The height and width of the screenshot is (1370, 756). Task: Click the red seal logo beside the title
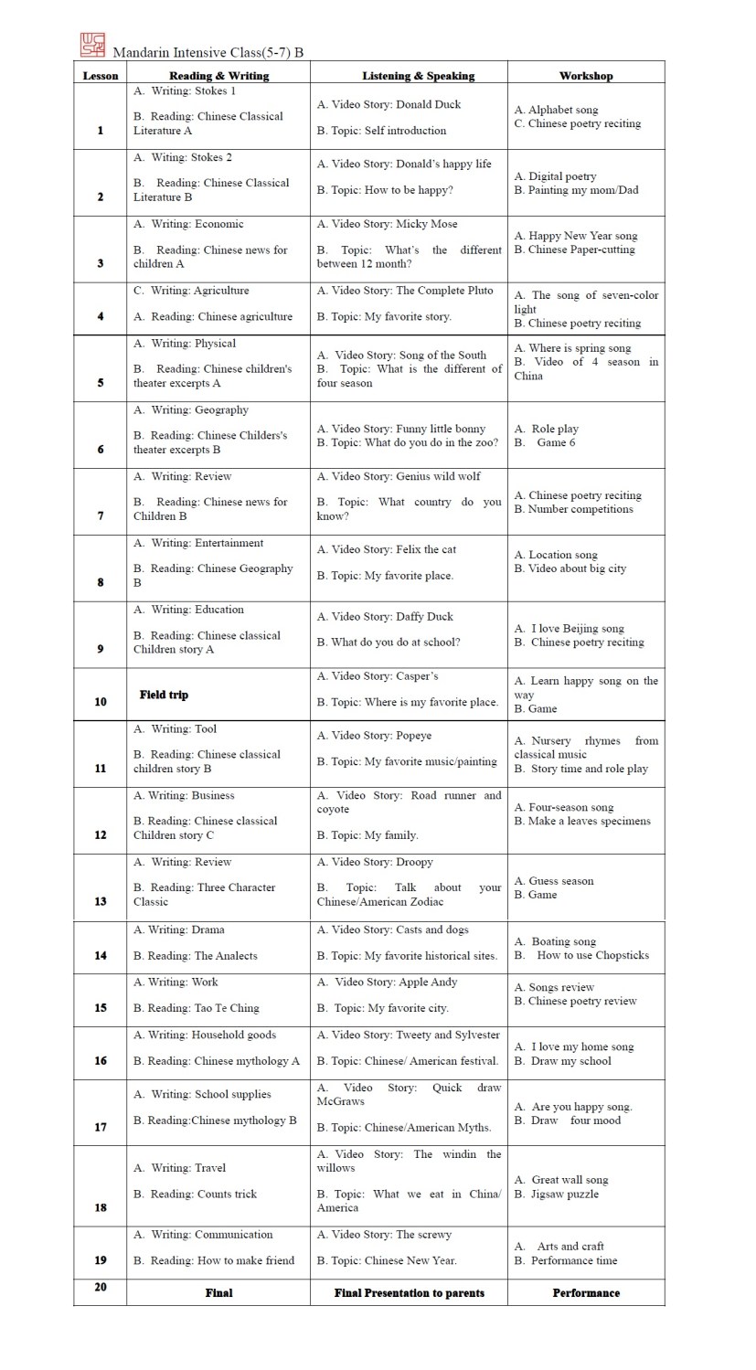[93, 45]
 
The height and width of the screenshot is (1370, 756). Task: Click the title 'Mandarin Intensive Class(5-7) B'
[208, 52]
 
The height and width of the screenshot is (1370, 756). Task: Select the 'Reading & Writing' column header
[218, 76]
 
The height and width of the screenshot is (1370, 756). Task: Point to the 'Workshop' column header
[586, 76]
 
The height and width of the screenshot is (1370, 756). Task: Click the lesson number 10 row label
[101, 702]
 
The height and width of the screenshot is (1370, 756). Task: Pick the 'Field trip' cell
[165, 695]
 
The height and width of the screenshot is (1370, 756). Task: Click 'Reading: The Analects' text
[202, 956]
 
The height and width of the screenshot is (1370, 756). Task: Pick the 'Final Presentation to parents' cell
[409, 1292]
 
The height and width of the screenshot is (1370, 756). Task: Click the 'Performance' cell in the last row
[586, 1292]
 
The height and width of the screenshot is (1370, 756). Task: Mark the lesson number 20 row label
[101, 1287]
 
